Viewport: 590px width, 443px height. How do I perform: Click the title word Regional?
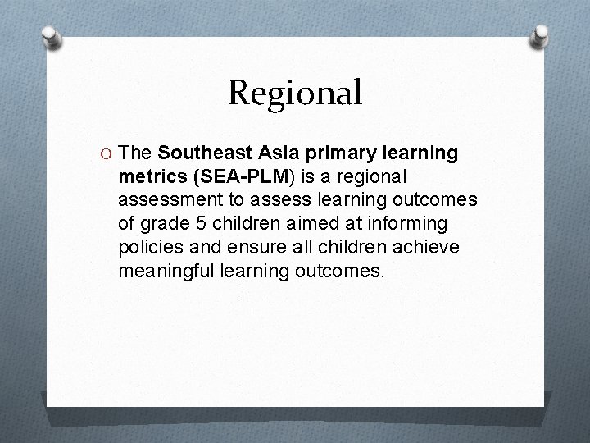coord(295,93)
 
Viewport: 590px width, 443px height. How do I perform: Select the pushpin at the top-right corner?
coord(541,35)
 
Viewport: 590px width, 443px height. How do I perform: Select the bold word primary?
coord(337,153)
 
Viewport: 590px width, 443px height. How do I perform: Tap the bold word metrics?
coord(150,176)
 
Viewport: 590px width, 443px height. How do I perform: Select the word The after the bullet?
coord(136,153)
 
